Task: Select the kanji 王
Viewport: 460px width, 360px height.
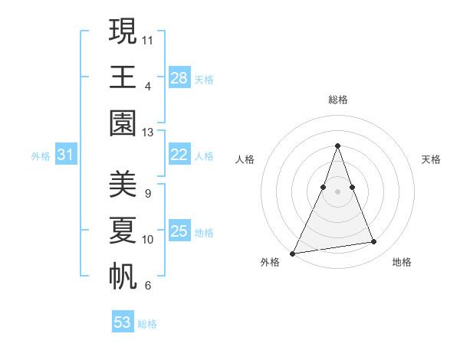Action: [123, 77]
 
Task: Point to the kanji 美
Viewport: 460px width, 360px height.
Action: [123, 183]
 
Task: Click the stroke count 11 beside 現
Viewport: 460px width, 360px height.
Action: [148, 40]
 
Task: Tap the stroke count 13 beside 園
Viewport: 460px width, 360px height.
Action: [148, 133]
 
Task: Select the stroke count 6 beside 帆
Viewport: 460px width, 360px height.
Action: [147, 286]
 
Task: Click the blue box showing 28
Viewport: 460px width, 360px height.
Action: [179, 77]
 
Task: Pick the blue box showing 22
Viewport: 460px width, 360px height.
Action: [179, 155]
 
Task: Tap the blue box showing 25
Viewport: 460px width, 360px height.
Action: [179, 231]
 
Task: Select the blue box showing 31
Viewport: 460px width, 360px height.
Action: [65, 155]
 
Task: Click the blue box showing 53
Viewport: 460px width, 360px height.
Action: [122, 322]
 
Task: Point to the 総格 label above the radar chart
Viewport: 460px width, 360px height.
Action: [338, 100]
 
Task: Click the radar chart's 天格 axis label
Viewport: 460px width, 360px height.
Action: [432, 159]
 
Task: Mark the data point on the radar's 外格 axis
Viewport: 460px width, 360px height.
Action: [292, 253]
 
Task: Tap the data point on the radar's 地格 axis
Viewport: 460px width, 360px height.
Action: [374, 242]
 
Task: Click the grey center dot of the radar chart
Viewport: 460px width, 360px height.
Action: [337, 191]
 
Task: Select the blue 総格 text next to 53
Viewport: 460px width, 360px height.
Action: [147, 324]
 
